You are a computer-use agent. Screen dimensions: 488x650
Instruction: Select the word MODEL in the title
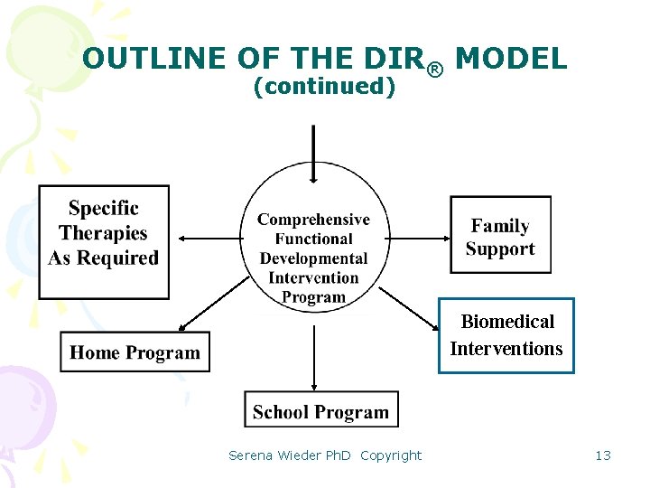511,59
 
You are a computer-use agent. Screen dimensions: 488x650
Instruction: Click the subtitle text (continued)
324,87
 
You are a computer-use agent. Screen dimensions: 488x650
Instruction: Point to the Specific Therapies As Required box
104,234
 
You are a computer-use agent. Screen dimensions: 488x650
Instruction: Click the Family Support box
500,236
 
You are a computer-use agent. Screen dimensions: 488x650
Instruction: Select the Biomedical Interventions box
506,335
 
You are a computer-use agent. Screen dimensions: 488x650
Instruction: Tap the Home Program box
135,352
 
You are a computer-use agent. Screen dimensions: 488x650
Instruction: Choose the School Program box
320,411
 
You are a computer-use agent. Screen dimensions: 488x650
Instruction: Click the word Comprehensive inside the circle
313,220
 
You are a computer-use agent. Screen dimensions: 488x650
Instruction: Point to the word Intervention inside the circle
313,278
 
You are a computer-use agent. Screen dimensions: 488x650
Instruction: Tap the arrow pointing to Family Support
415,238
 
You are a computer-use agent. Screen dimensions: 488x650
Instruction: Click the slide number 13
603,455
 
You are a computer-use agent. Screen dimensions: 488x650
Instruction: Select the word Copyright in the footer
391,455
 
